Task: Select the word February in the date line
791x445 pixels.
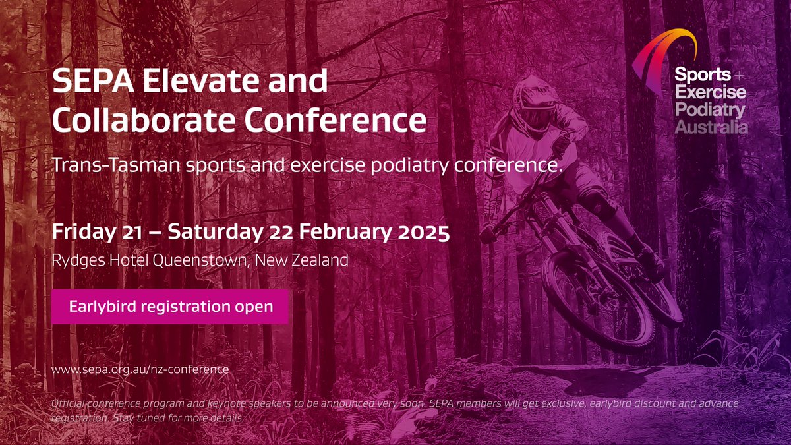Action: click(339, 233)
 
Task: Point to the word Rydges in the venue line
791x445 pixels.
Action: click(74, 260)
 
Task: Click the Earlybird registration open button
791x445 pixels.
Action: click(171, 307)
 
